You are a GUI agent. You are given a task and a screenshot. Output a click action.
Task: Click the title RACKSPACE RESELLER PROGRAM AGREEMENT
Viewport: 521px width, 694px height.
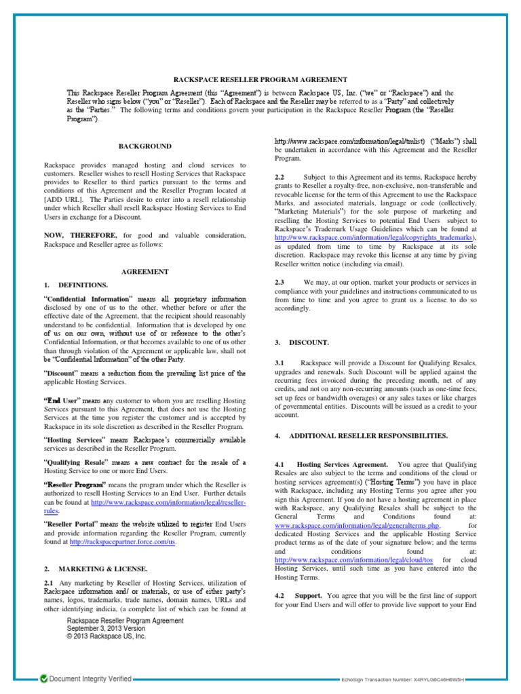(x=260, y=79)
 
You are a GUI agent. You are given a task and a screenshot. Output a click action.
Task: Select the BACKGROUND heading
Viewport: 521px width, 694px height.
(x=145, y=146)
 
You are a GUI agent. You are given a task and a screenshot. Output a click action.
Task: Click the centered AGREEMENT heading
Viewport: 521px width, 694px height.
(x=145, y=271)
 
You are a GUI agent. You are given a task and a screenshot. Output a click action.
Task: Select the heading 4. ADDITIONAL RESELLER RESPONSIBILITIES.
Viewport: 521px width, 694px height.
(x=361, y=436)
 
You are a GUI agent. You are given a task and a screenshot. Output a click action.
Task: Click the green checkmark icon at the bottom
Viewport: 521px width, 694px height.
(x=44, y=678)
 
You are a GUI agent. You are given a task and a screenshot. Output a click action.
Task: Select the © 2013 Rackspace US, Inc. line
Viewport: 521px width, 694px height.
(x=106, y=636)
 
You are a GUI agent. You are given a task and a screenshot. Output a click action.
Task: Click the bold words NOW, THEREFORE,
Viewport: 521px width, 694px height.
(x=78, y=235)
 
